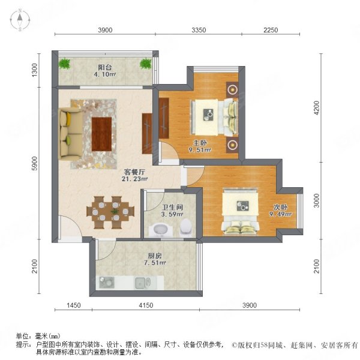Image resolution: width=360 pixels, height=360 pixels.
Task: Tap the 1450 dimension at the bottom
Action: click(73, 306)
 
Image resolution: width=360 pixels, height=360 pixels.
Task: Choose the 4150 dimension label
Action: click(145, 306)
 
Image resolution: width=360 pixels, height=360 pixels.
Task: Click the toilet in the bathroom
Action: click(186, 227)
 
